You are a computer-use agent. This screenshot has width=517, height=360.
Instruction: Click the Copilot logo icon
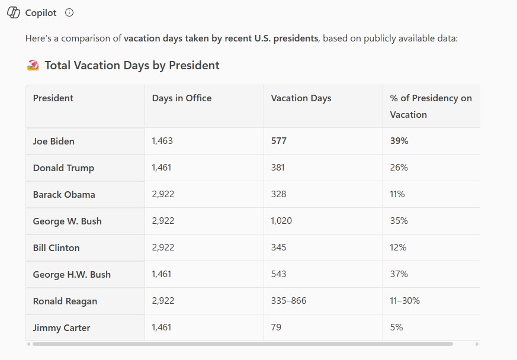[x=13, y=12]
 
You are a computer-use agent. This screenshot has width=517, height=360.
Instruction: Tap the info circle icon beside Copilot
[x=69, y=12]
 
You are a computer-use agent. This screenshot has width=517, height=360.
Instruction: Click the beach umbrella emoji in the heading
[x=33, y=66]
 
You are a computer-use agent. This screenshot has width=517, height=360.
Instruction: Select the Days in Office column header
[x=181, y=98]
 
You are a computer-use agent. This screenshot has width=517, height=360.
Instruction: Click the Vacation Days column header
[x=301, y=98]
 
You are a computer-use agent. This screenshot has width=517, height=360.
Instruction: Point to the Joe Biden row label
[x=54, y=142]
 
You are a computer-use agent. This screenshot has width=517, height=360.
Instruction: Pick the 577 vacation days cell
[x=278, y=142]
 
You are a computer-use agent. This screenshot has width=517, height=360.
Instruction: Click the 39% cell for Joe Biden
[x=399, y=142]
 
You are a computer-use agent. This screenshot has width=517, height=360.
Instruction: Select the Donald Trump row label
[x=63, y=168]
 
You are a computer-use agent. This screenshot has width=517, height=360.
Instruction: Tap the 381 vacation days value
[x=278, y=168]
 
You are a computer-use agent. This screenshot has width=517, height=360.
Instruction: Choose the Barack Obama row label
[x=64, y=195]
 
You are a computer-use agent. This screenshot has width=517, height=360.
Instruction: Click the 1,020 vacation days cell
[x=281, y=221]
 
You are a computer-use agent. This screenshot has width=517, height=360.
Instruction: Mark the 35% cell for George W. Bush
[x=399, y=221]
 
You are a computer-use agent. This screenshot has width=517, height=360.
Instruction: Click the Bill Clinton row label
[x=56, y=248]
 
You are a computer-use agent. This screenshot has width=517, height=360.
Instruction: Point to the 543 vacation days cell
[x=278, y=274]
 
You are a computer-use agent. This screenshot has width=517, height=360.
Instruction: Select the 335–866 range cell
[x=288, y=301]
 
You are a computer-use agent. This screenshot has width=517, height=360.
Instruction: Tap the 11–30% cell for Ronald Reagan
[x=404, y=301]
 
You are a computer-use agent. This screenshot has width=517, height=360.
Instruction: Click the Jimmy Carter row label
[x=62, y=328]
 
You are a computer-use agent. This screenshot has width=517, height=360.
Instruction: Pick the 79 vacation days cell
[x=276, y=327]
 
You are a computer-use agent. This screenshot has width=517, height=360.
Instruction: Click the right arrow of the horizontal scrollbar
[x=477, y=344]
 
